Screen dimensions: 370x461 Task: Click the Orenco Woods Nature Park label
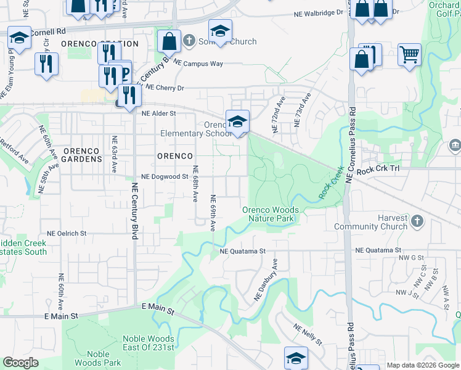pos(270,214)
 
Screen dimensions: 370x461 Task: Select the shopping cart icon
pos(409,55)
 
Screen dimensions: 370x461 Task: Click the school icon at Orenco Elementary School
pos(237,121)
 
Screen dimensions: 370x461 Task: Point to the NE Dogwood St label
pos(165,176)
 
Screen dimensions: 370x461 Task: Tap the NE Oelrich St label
pos(67,234)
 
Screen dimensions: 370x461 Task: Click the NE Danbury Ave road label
pos(267,281)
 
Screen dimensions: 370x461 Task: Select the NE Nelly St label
pos(308,335)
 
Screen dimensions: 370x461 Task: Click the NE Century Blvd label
pos(134,211)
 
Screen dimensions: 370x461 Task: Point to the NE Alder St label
pos(159,113)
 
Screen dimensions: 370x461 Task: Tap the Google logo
pos(20,363)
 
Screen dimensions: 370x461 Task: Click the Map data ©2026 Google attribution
pos(423,365)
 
